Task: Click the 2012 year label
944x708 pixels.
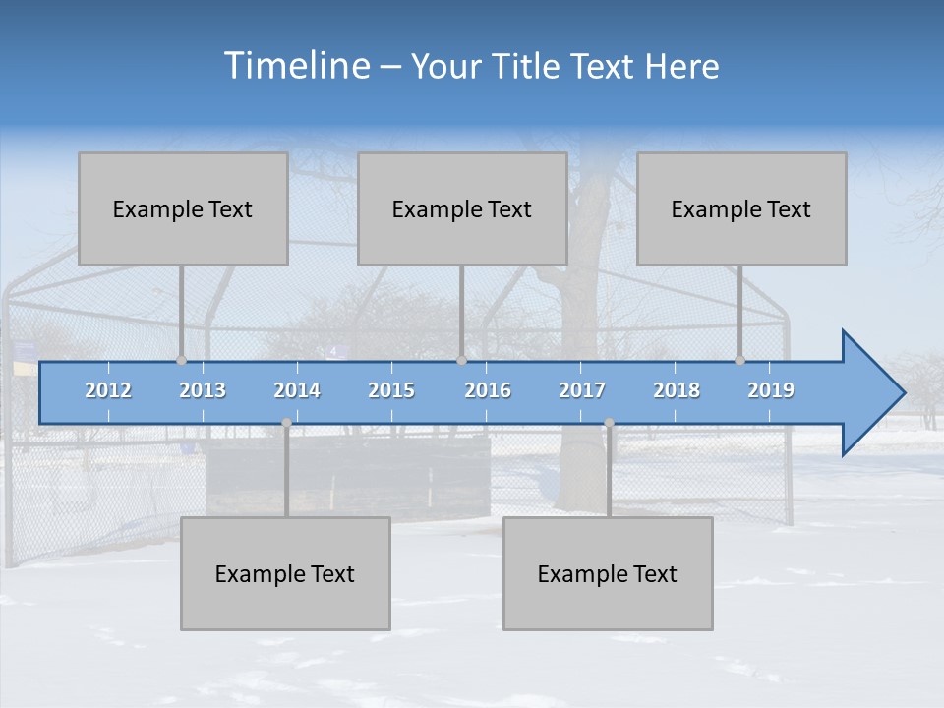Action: coord(108,390)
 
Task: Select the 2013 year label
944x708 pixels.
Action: coord(203,390)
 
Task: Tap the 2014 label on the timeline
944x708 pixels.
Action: coord(297,390)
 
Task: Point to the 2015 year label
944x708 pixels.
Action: coord(391,390)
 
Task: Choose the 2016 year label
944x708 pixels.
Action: coord(488,390)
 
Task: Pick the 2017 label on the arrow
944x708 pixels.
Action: coord(582,390)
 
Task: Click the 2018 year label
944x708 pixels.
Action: coord(677,390)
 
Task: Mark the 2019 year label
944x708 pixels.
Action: coord(771,390)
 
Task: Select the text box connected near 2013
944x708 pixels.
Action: coord(183,208)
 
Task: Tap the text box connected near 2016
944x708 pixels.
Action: coord(462,208)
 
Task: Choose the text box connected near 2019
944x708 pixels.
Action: coord(741,208)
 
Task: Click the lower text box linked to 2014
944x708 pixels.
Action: coord(285,573)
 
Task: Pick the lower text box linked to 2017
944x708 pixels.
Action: coord(608,573)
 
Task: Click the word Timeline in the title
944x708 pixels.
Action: coord(296,66)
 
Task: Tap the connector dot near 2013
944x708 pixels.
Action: coord(182,361)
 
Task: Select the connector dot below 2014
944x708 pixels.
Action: coord(286,423)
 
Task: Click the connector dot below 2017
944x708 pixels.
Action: coord(609,423)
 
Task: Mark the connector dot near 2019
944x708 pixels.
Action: coord(740,361)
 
